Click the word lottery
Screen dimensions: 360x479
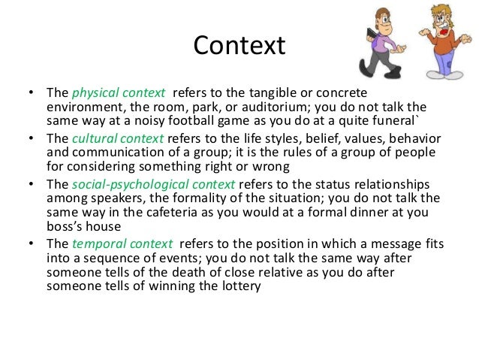[239, 286]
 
